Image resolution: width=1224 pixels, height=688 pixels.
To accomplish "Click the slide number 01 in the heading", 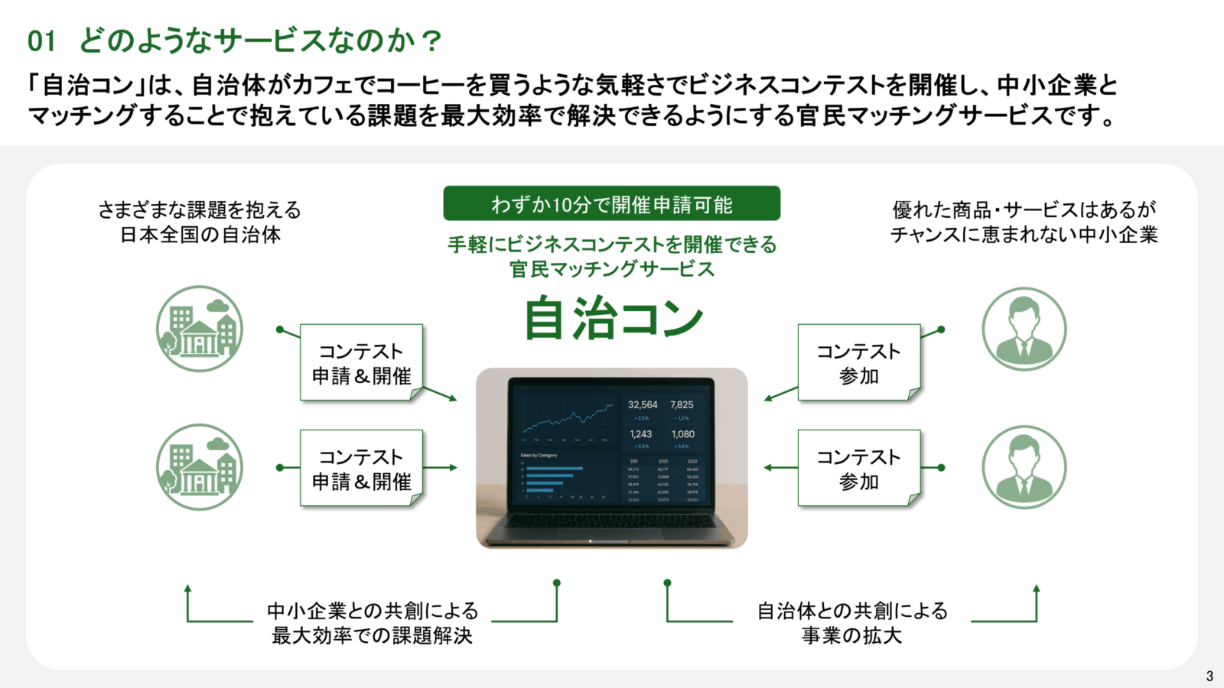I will [41, 41].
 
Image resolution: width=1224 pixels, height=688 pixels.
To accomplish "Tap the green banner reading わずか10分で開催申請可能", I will [611, 204].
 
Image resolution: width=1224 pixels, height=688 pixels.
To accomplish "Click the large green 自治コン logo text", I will [613, 318].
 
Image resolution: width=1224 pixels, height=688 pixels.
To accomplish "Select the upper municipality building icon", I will [200, 329].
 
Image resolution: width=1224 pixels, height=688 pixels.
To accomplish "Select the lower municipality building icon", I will [200, 467].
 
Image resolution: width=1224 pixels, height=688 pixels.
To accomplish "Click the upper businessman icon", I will [1024, 329].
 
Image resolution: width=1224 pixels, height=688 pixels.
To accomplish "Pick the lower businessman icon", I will [1024, 467].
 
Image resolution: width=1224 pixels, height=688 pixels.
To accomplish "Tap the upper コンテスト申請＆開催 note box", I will [361, 363].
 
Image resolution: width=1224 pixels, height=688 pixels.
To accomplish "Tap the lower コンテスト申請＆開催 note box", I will [361, 469].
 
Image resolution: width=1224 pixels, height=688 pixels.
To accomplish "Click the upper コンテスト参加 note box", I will [858, 363].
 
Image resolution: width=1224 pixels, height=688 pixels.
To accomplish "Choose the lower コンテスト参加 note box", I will [858, 469].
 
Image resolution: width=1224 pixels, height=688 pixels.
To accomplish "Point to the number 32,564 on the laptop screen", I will [643, 404].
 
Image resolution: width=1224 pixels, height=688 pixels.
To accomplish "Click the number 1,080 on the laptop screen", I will [682, 434].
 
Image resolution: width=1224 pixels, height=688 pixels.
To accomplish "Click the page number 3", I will [1209, 676].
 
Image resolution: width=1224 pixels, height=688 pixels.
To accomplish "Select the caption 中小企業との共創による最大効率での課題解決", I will [373, 623].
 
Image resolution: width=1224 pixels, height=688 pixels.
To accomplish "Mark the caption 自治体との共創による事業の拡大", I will [852, 623].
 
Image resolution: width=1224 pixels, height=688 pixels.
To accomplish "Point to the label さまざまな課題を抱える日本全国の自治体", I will [200, 222].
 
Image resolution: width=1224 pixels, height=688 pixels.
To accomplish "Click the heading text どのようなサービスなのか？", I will [261, 41].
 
